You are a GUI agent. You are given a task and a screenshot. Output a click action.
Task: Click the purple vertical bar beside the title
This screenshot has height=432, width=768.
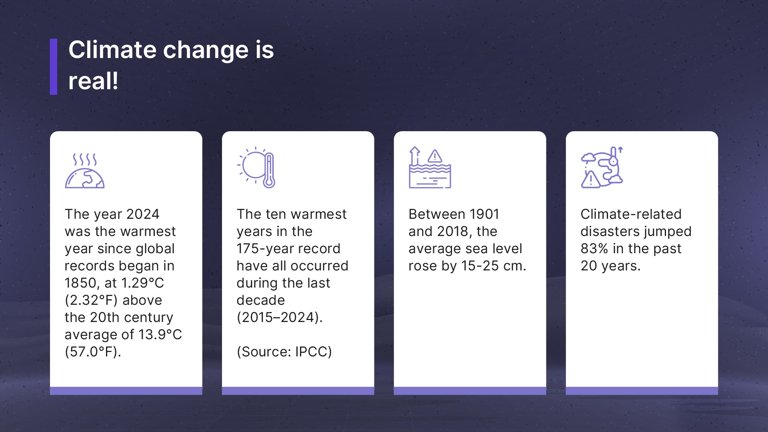pyautogui.click(x=54, y=67)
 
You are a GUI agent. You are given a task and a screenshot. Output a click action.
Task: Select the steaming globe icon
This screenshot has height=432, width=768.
pyautogui.click(x=85, y=170)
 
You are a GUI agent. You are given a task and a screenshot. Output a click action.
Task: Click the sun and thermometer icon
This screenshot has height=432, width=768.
pyautogui.click(x=256, y=168)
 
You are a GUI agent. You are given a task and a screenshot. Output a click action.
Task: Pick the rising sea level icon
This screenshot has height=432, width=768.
pyautogui.click(x=430, y=168)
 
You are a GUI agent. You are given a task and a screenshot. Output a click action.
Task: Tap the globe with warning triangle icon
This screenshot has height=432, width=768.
pyautogui.click(x=602, y=167)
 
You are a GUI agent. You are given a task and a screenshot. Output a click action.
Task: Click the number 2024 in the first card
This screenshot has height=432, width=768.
pyautogui.click(x=142, y=214)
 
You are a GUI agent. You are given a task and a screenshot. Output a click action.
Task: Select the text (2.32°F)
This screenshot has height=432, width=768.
pyautogui.click(x=92, y=300)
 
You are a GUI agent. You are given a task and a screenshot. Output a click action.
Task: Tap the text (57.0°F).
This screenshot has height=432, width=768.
pyautogui.click(x=93, y=352)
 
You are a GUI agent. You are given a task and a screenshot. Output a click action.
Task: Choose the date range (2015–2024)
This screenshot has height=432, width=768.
pyautogui.click(x=280, y=317)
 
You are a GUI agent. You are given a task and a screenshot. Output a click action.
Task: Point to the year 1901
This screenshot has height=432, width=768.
pyautogui.click(x=484, y=214)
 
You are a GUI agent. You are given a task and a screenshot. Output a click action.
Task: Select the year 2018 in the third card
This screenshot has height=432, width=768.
pyautogui.click(x=453, y=231)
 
